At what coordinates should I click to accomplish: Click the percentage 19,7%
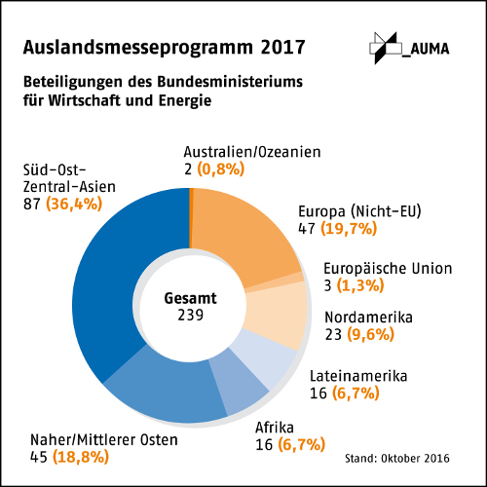351,229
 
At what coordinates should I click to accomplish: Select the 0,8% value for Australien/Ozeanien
220,169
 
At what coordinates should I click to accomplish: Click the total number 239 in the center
190,317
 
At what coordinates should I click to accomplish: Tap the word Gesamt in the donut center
190,299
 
